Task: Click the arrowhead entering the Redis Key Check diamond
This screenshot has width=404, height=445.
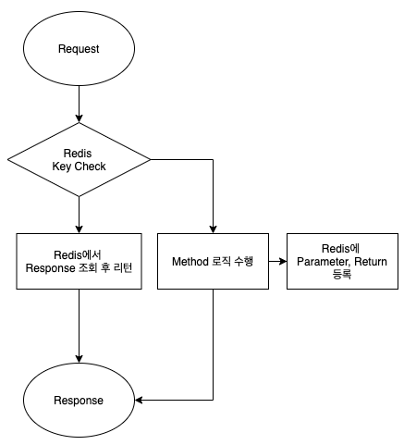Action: tap(79, 118)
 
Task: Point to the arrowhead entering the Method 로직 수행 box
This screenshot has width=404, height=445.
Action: tap(213, 229)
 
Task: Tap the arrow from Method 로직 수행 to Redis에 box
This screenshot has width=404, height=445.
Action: tap(277, 262)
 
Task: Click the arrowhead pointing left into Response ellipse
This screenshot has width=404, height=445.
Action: tap(139, 400)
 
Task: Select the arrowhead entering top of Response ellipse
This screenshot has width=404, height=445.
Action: tap(79, 359)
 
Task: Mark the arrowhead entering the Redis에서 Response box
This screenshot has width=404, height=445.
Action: tap(79, 229)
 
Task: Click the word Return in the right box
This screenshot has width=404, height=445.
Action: tap(371, 262)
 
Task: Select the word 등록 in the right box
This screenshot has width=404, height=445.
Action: tap(342, 274)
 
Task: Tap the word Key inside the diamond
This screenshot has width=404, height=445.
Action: tap(62, 167)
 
